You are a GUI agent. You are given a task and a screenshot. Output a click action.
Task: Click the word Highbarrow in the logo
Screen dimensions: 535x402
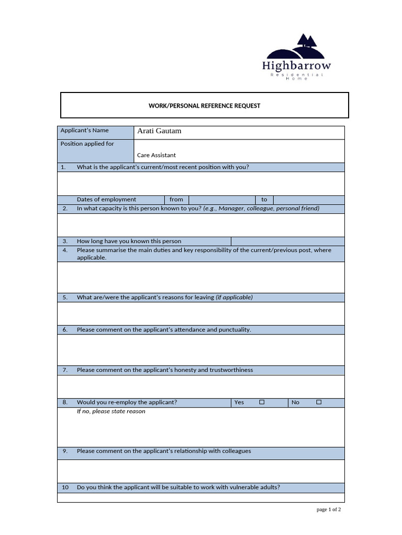tap(296, 66)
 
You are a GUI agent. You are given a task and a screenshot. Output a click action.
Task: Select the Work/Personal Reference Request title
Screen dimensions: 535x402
tap(204, 106)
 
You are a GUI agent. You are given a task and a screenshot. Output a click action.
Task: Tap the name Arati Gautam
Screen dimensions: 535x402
tap(159, 131)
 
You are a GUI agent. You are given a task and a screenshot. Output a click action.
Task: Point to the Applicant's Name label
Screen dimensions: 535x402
tap(85, 130)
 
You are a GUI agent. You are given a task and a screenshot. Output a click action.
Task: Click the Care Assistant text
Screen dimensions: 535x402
tap(157, 155)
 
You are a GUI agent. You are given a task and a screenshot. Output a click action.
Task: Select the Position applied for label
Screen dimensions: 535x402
tap(87, 144)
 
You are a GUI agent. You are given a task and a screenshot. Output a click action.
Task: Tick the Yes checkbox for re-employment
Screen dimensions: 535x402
tap(262, 402)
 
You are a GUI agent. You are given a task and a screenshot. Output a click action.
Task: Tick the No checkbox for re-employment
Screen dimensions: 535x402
tap(319, 402)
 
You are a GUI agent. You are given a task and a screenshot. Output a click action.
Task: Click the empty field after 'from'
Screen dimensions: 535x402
tap(222, 200)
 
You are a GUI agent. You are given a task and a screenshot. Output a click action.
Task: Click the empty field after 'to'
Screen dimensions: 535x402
tap(309, 200)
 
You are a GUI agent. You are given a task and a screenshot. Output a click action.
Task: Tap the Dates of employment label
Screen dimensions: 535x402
tap(106, 200)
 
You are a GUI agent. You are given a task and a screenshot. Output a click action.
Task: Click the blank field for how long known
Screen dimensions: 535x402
tap(287, 241)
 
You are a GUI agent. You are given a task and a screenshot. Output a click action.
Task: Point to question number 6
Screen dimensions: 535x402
tap(65, 330)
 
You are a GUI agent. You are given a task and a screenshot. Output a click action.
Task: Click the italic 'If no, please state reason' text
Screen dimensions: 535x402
tap(111, 412)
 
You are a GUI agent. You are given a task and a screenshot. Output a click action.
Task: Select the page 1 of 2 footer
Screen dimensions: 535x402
tap(329, 510)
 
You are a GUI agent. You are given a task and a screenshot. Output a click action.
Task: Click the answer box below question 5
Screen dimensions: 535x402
tap(201, 313)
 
